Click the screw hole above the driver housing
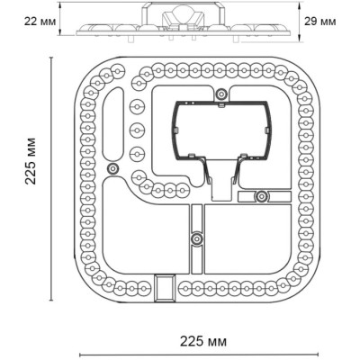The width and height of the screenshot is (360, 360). (x=220, y=94)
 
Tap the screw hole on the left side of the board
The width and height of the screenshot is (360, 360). (x=112, y=169)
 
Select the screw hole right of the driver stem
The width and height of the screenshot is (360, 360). (x=261, y=196)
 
